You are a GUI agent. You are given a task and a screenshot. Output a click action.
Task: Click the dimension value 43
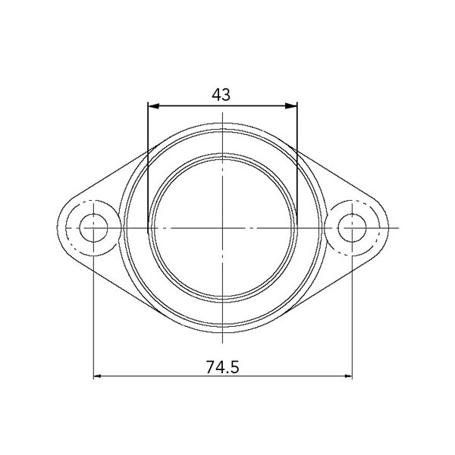[x=221, y=95]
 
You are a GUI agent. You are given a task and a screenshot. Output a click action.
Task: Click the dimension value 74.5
[x=222, y=367]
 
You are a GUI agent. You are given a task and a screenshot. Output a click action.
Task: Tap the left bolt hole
[x=93, y=227]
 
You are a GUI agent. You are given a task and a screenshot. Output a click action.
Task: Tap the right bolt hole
[x=352, y=227]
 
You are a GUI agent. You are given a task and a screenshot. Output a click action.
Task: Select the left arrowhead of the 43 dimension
[x=153, y=106]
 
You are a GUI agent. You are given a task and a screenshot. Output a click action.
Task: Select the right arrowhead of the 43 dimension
[x=291, y=106]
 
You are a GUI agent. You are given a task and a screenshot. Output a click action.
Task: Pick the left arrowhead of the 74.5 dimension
[x=97, y=376]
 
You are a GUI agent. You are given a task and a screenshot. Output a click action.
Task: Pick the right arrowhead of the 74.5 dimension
[x=348, y=376]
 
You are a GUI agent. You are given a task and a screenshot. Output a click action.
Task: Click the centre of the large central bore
[x=222, y=227]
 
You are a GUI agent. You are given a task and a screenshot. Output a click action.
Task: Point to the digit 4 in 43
[x=216, y=95]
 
